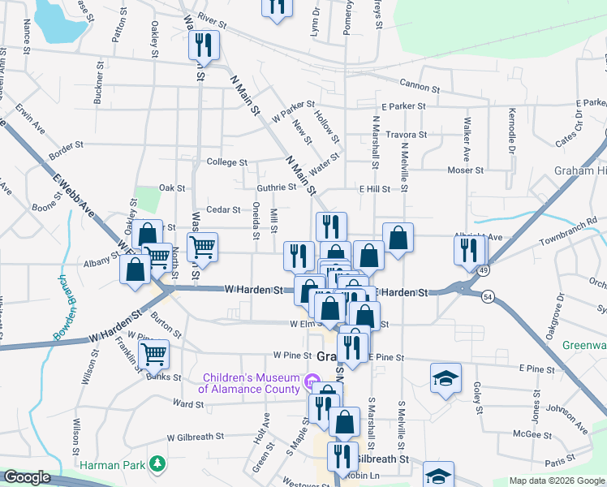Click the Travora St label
pos(406,135)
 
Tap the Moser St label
pos(467,170)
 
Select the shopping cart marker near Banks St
pos(153,354)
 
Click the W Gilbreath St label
pos(192,436)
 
